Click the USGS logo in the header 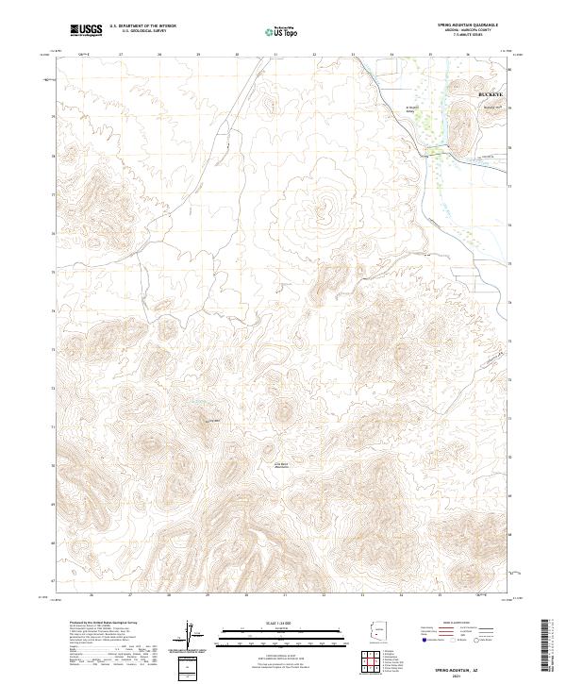click(x=87, y=30)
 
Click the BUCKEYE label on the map click(x=491, y=96)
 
